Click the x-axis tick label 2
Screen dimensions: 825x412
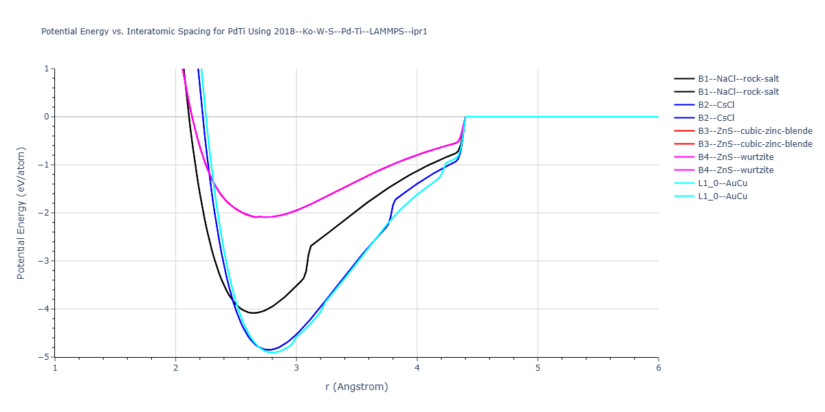[176, 368]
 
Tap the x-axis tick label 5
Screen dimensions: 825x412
[538, 368]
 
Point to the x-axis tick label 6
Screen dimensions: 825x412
[659, 368]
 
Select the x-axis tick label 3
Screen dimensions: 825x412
[296, 368]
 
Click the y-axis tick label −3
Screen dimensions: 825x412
[43, 261]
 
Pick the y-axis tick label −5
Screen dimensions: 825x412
[43, 357]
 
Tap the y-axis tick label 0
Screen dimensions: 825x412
[47, 117]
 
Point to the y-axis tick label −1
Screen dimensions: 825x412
[43, 165]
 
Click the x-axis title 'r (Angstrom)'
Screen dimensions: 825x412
[357, 387]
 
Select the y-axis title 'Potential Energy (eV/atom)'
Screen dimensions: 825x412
[21, 213]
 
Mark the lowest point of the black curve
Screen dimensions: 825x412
[254, 313]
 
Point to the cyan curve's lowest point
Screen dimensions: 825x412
[274, 352]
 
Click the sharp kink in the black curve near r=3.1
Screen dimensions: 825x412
[311, 246]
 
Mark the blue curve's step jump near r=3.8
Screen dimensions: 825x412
[392, 211]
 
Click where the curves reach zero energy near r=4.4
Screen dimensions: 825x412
[465, 117]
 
